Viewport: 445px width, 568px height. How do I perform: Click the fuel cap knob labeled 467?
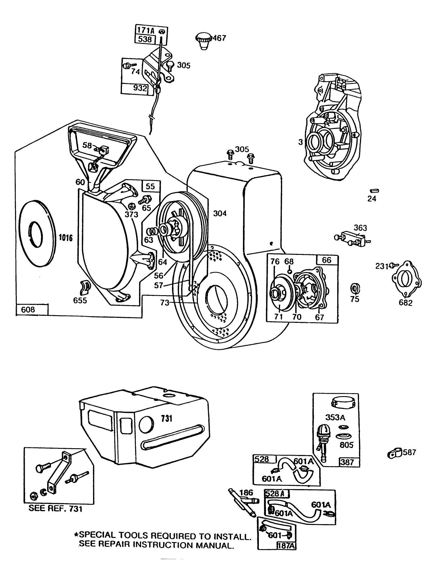click(x=203, y=40)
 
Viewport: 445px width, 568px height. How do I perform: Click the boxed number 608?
click(x=28, y=309)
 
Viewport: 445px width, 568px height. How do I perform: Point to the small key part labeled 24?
click(x=376, y=191)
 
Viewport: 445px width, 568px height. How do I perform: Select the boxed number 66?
click(x=327, y=260)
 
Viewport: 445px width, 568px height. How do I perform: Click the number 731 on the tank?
click(x=167, y=418)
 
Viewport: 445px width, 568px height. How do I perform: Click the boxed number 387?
click(x=347, y=462)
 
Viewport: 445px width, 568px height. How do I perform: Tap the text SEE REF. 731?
click(x=55, y=508)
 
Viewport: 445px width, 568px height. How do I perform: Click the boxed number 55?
click(x=150, y=186)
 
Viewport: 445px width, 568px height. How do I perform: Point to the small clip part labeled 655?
click(x=85, y=287)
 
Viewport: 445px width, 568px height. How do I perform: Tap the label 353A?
click(x=335, y=417)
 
